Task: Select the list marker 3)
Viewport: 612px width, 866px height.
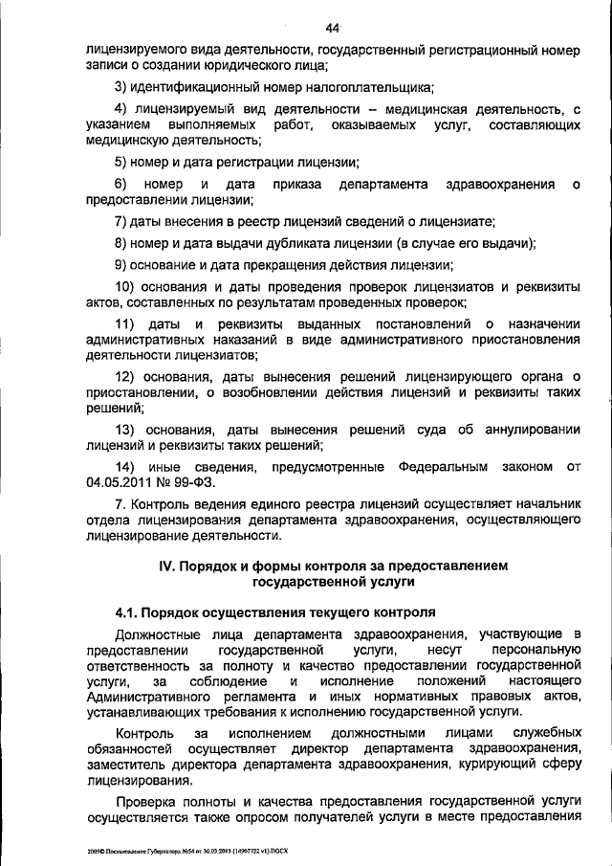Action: pyautogui.click(x=122, y=88)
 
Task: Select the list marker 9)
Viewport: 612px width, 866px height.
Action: pyautogui.click(x=122, y=265)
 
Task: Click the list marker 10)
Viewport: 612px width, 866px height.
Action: pyautogui.click(x=126, y=287)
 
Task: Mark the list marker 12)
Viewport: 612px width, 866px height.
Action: pyautogui.click(x=126, y=375)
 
